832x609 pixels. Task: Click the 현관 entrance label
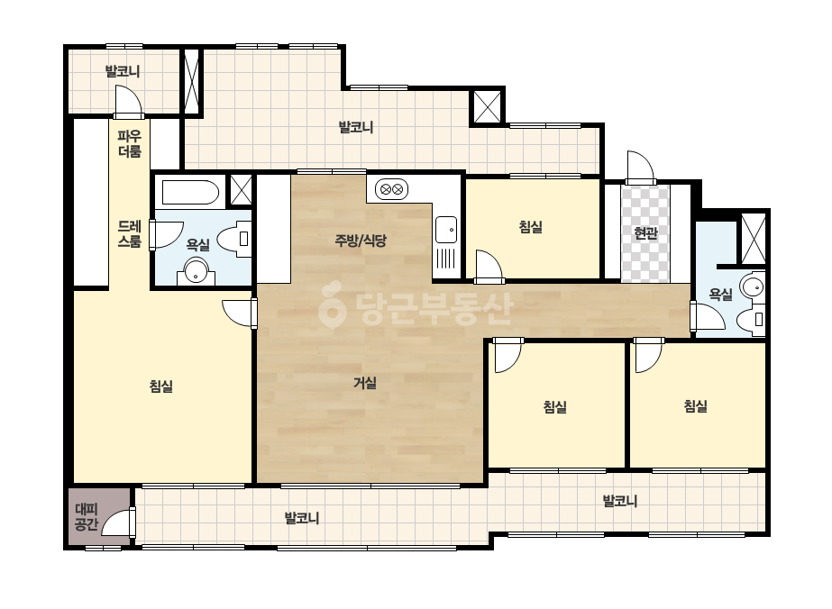pyautogui.click(x=645, y=233)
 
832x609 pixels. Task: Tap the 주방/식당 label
pyautogui.click(x=361, y=241)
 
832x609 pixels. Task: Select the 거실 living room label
pyautogui.click(x=365, y=383)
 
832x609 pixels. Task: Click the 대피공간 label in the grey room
pyautogui.click(x=87, y=517)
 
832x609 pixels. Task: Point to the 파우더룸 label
pyautogui.click(x=130, y=144)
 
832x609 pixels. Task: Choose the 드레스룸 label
pyautogui.click(x=130, y=234)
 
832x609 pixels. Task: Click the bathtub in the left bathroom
pyautogui.click(x=190, y=193)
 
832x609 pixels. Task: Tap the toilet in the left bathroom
pyautogui.click(x=234, y=240)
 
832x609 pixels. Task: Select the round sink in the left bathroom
pyautogui.click(x=197, y=270)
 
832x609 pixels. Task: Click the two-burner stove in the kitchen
pyautogui.click(x=391, y=189)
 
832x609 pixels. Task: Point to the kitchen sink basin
pyautogui.click(x=445, y=230)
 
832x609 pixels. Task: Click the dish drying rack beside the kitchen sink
pyautogui.click(x=445, y=260)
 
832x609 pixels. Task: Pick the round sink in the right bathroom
pyautogui.click(x=753, y=287)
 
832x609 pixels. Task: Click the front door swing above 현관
pyautogui.click(x=640, y=167)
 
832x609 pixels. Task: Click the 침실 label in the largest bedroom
pyautogui.click(x=161, y=386)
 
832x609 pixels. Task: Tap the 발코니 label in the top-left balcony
pyautogui.click(x=122, y=71)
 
